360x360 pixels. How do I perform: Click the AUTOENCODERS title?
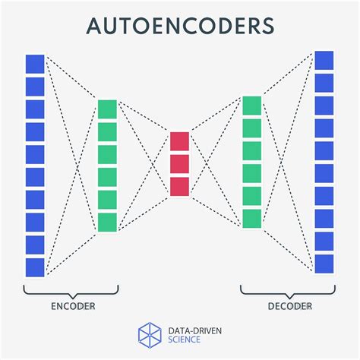point(179,27)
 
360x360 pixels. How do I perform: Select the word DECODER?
point(289,306)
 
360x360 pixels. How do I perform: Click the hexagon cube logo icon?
point(150,335)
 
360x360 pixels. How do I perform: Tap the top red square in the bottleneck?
point(179,141)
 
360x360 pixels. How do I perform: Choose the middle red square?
point(179,164)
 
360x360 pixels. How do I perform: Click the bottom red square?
point(179,186)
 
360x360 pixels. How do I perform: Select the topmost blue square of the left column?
point(35,64)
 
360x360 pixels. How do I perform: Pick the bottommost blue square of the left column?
point(35,267)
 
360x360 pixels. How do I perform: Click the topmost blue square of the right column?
point(324,61)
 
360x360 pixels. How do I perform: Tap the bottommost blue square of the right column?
point(324,264)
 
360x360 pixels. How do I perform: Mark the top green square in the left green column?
point(107,109)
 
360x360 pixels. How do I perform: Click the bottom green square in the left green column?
point(107,222)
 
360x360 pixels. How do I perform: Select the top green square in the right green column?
point(251,105)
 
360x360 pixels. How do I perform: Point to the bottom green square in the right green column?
point(251,219)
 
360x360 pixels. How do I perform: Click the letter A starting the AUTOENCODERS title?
point(95,27)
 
